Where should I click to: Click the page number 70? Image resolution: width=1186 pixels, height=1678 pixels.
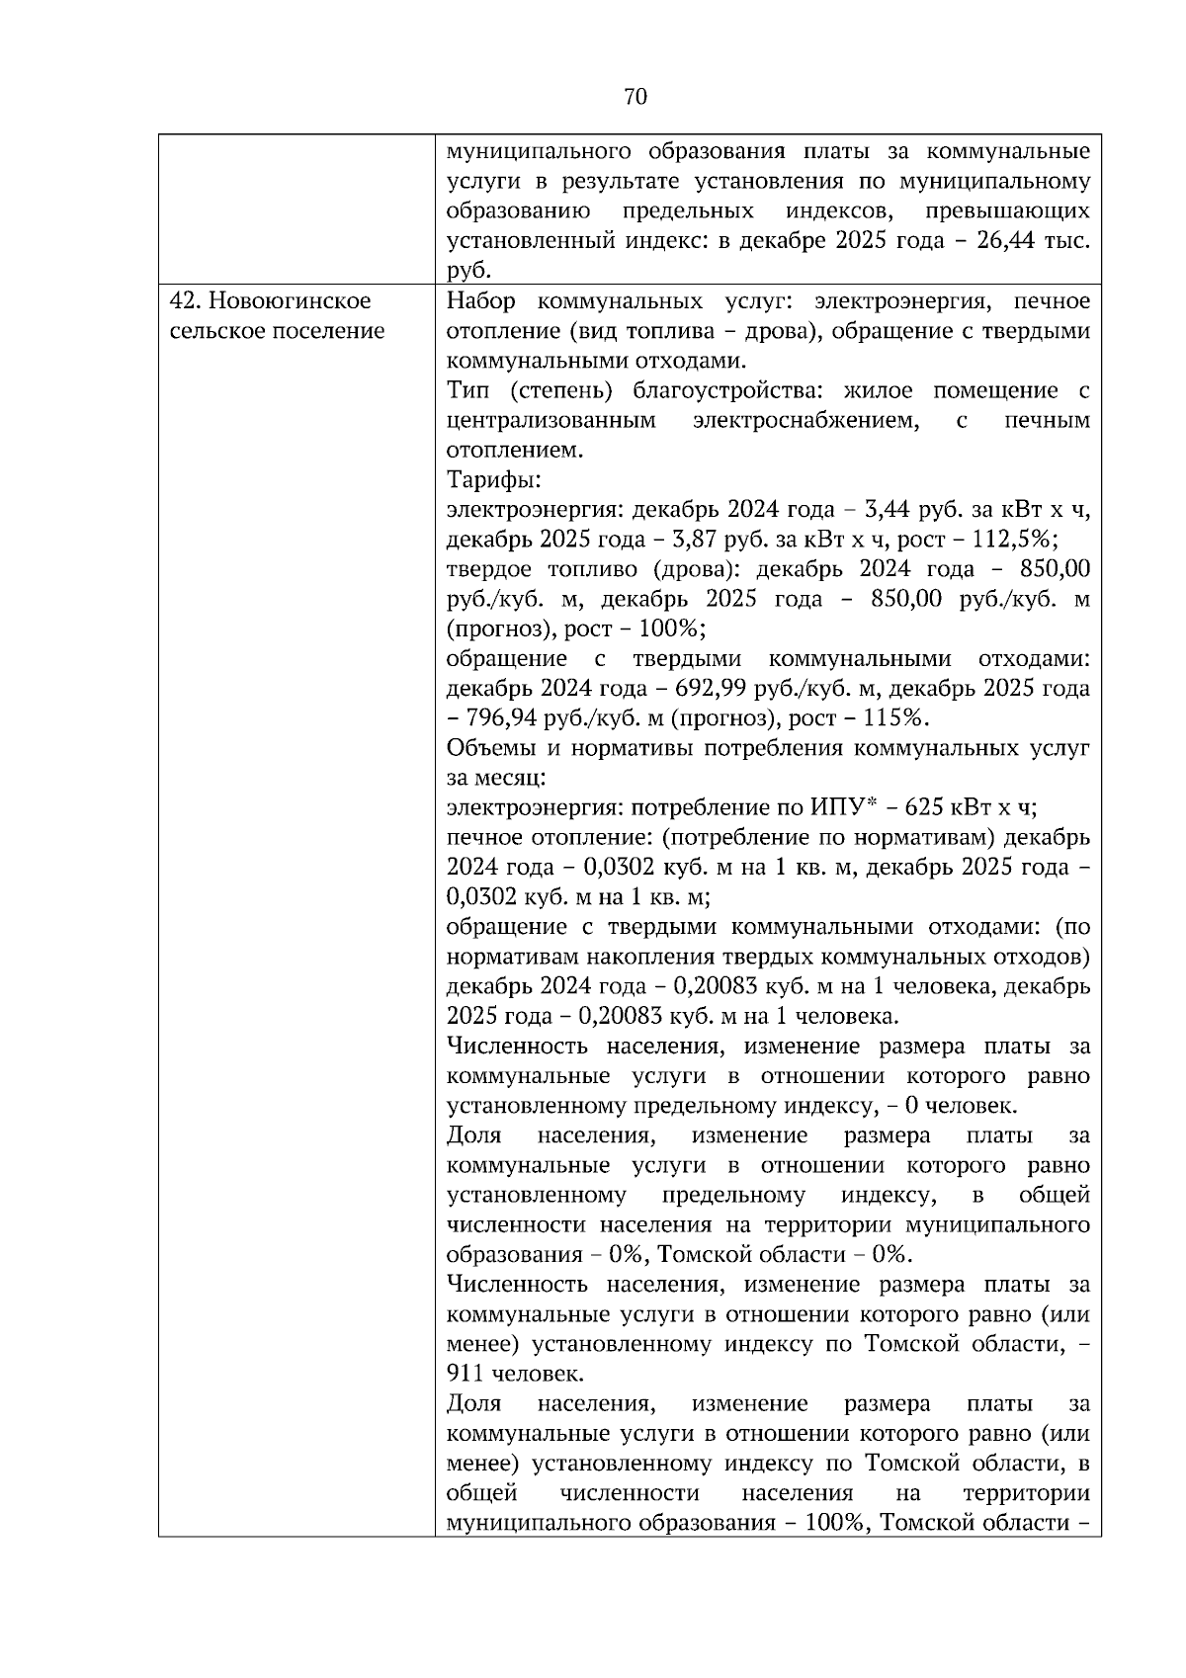(x=635, y=96)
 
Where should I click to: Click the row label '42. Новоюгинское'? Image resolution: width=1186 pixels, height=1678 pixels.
(x=272, y=300)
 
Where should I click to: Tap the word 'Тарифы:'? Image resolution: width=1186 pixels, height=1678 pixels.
(x=493, y=480)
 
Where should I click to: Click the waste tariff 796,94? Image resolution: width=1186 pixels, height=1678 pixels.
(x=501, y=718)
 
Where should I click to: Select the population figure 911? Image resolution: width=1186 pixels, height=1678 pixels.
(x=466, y=1374)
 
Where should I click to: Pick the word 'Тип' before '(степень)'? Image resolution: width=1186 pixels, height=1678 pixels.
(x=466, y=390)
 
